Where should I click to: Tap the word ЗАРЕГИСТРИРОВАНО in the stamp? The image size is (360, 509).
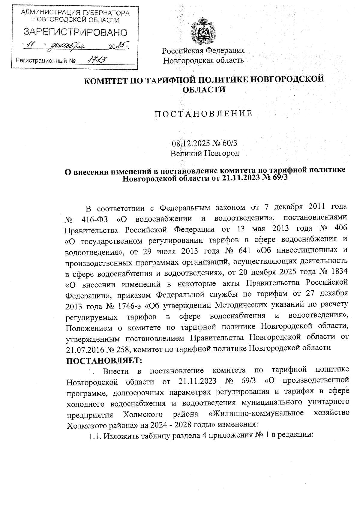75,32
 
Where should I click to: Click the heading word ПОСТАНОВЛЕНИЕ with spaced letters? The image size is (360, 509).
203,114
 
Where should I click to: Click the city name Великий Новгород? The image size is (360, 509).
205,154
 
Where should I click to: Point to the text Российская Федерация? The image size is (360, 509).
203,51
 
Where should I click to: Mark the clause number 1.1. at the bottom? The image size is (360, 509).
95,436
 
